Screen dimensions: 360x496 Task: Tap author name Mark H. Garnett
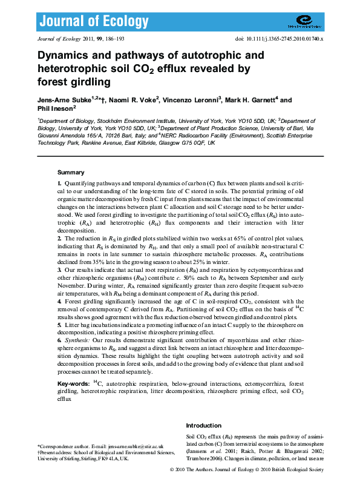coord(249,101)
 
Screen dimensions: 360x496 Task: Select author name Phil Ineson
coord(54,109)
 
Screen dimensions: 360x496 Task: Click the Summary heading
coord(71,172)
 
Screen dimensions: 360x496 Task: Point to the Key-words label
coord(75,384)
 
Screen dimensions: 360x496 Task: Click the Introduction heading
coord(204,426)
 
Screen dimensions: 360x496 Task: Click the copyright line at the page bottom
coord(246,470)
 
